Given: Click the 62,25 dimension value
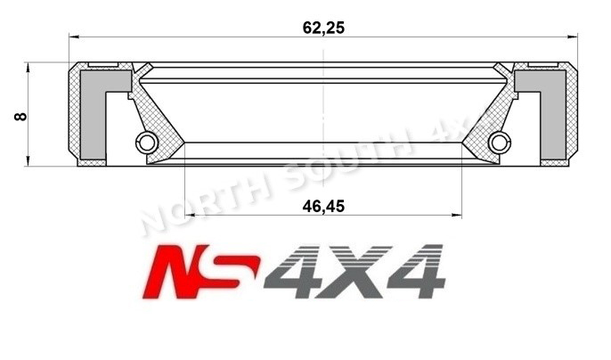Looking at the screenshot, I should pos(323,27).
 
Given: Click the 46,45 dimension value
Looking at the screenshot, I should pos(323,206).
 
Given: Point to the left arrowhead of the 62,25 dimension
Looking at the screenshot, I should pos(74,37).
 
